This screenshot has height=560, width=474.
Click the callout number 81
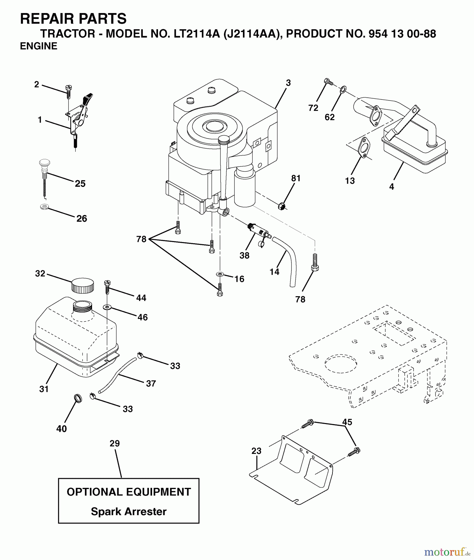[x=296, y=178]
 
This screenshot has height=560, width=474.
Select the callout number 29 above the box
[x=114, y=443]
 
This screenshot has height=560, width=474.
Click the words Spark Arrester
[x=128, y=511]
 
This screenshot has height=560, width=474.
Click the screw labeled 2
[x=68, y=91]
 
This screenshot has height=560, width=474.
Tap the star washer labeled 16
[x=220, y=274]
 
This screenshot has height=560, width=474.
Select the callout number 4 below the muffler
[x=392, y=187]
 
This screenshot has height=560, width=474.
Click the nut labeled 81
[x=282, y=206]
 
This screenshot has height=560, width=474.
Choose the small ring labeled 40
[x=78, y=398]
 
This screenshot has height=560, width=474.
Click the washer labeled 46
[x=107, y=307]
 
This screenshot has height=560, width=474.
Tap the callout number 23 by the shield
[x=256, y=451]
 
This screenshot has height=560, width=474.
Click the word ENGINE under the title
[x=39, y=46]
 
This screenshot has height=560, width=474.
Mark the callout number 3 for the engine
[x=288, y=83]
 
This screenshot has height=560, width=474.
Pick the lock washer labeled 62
[x=343, y=90]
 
